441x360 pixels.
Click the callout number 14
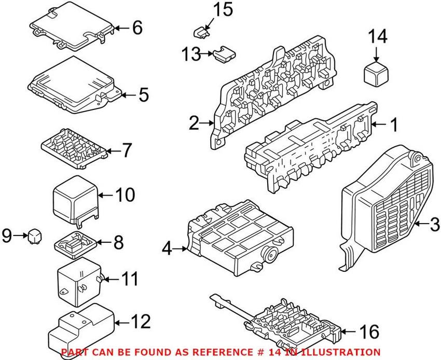(377, 37)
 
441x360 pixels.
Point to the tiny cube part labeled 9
(35, 236)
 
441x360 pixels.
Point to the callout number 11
(130, 280)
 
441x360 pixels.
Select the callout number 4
(166, 250)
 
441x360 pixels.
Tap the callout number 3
(435, 225)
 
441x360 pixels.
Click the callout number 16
(369, 330)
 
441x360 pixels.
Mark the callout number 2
(194, 123)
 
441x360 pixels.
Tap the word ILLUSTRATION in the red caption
(339, 352)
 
